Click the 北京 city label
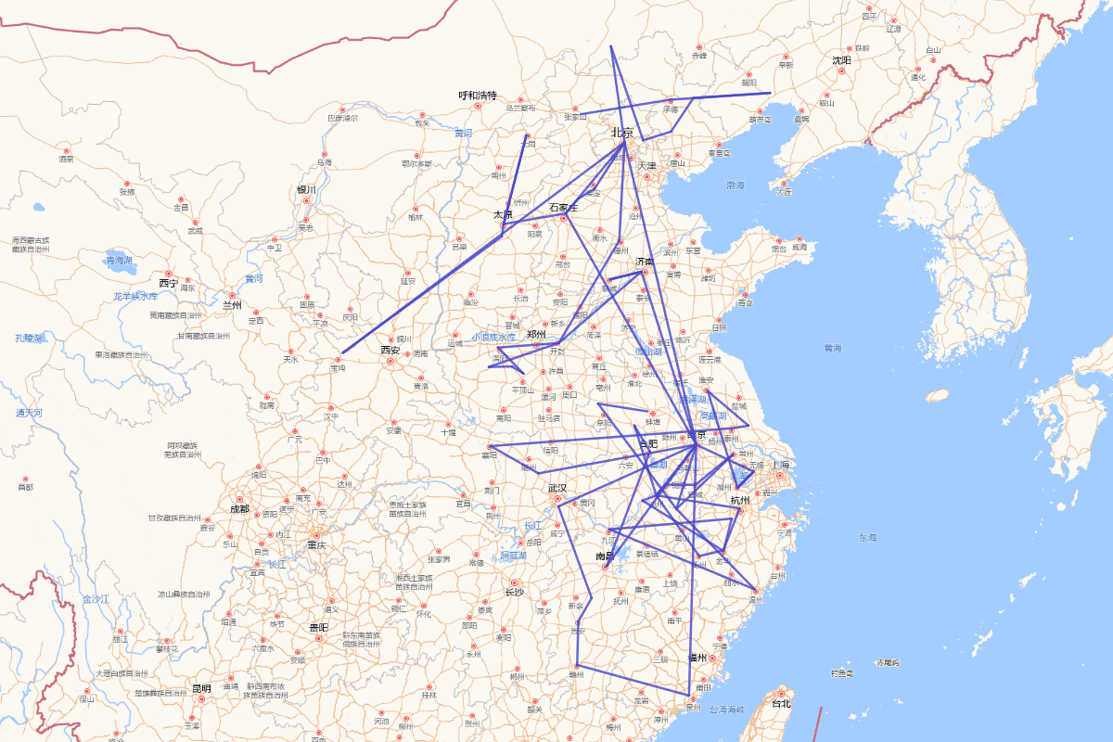pos(621,133)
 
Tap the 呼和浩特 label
pos(478,96)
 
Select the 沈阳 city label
pos(841,60)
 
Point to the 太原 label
pos(503,214)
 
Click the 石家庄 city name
pos(563,207)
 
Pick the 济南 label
pos(645,262)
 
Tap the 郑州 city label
pos(536,334)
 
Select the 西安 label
pos(390,350)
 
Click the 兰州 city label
pos(232,304)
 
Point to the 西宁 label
pos(168,282)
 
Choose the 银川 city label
pos(306,189)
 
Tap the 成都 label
pos(239,508)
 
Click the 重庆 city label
pos(317,544)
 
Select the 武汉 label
pos(556,488)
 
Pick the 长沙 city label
pos(514,592)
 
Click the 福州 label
pos(697,658)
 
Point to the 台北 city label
pos(781,703)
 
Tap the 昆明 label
pos(201,688)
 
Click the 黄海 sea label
pos(832,349)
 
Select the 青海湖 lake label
pos(120,261)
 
